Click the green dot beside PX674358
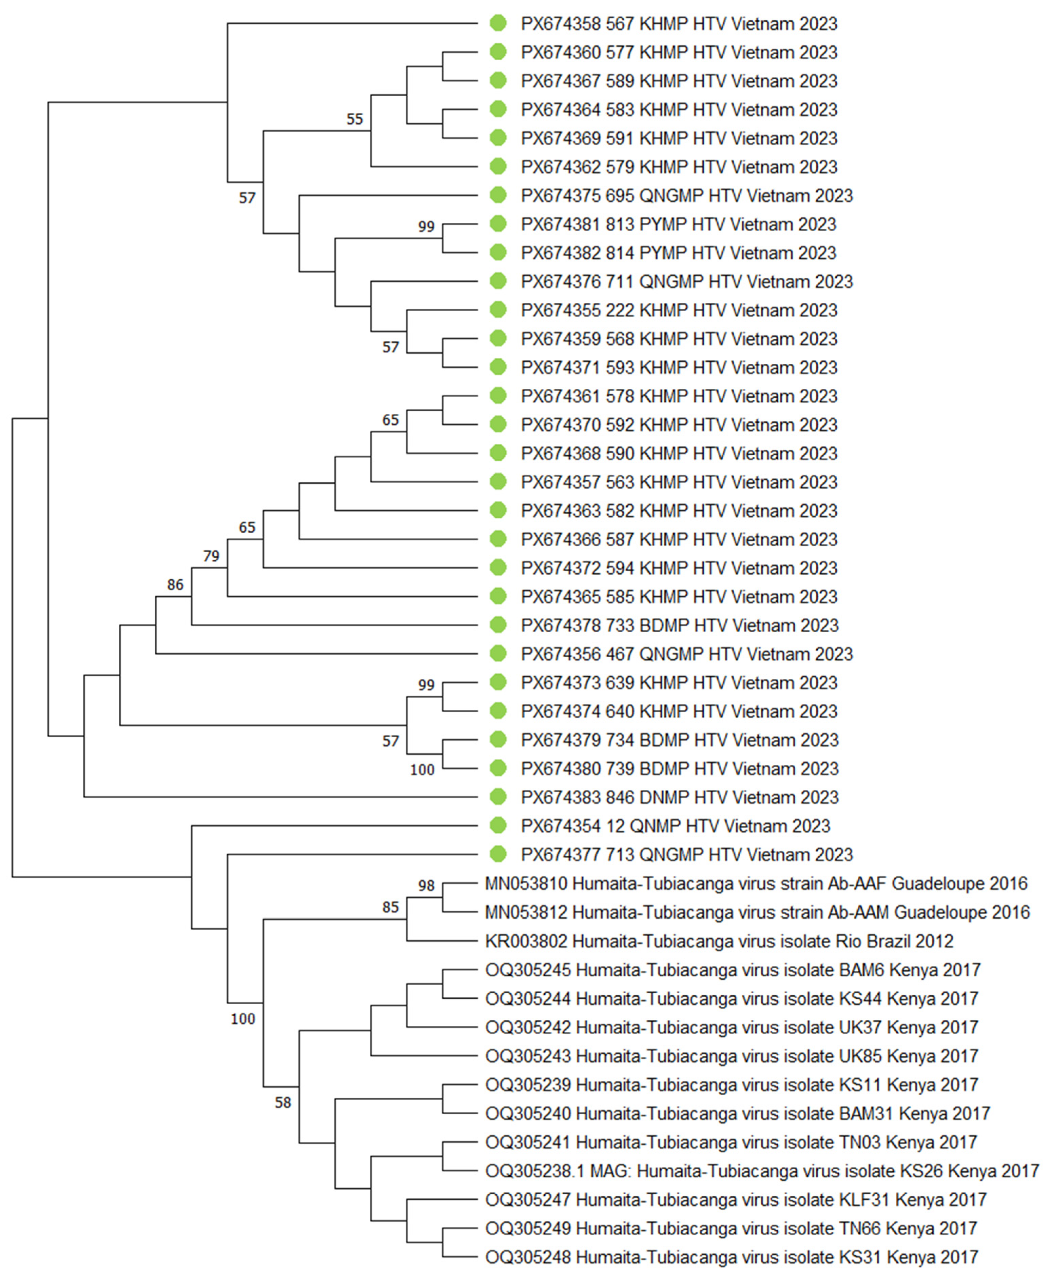pyautogui.click(x=498, y=24)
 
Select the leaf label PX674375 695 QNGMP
pyautogui.click(x=686, y=196)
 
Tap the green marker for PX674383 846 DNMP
pyautogui.click(x=498, y=797)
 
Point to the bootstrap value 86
pyautogui.click(x=175, y=585)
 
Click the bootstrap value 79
pyautogui.click(x=211, y=556)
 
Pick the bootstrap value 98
pyautogui.click(x=426, y=885)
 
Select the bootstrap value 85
pyautogui.click(x=390, y=907)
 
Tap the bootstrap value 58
pyautogui.click(x=283, y=1103)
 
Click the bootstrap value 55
pyautogui.click(x=355, y=119)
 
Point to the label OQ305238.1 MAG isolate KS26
pyautogui.click(x=762, y=1171)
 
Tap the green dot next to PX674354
pyautogui.click(x=498, y=825)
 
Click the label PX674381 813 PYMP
pyautogui.click(x=678, y=224)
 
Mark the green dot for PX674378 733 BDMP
pyautogui.click(x=498, y=625)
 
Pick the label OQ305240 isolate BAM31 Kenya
pyautogui.click(x=737, y=1114)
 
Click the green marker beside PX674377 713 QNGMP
pyautogui.click(x=498, y=855)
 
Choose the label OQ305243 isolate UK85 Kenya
pyautogui.click(x=731, y=1056)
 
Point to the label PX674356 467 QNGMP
pyautogui.click(x=686, y=654)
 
